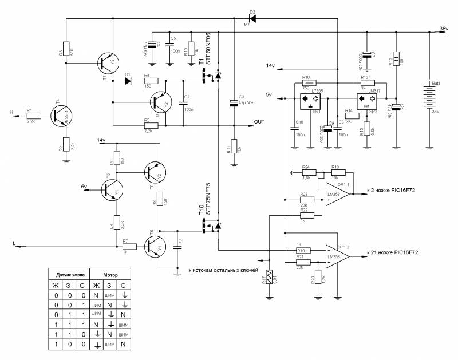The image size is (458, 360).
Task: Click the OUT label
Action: (x=260, y=122)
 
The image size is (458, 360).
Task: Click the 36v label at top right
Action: (x=443, y=29)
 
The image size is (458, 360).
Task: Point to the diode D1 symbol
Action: (x=128, y=80)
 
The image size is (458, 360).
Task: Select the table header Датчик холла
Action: (x=68, y=274)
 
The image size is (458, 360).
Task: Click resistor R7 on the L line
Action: (x=129, y=247)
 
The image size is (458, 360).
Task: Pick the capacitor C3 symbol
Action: (x=234, y=102)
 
